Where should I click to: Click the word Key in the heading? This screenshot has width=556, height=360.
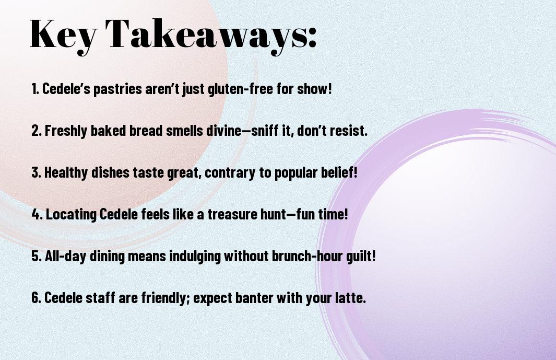[63, 34]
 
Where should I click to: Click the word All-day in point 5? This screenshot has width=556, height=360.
[66, 256]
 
